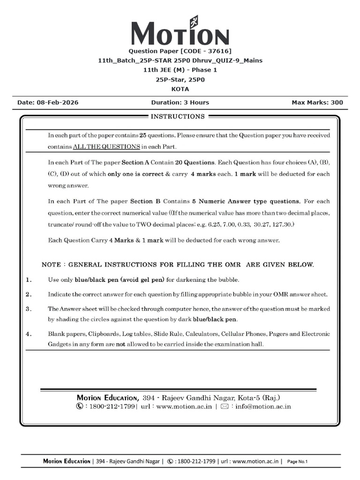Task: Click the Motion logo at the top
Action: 180,32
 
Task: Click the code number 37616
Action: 217,51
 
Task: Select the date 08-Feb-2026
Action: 58,103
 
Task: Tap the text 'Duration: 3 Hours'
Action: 180,103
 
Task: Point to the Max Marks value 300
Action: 337,103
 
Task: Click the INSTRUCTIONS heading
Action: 177,116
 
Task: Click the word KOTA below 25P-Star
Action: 180,89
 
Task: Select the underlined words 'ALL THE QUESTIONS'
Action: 106,147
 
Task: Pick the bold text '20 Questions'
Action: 194,163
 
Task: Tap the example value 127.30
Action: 284,225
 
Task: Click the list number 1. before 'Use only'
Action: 29,280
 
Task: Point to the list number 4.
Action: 29,334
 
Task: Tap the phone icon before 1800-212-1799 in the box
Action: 80,406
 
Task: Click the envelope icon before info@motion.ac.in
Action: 224,406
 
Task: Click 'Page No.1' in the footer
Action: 297,462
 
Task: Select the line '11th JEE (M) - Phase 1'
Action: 180,70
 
